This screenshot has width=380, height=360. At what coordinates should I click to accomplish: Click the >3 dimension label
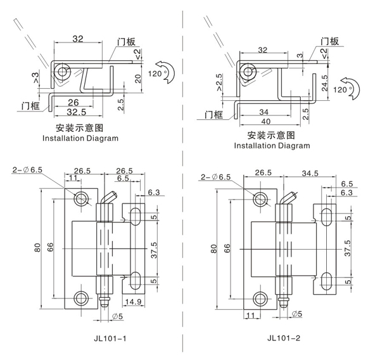coord(37,79)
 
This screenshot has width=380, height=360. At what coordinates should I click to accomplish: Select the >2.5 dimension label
coord(218,83)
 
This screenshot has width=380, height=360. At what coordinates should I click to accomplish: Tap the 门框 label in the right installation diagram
coord(214,115)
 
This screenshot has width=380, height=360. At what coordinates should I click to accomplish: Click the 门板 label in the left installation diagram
coord(126,42)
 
